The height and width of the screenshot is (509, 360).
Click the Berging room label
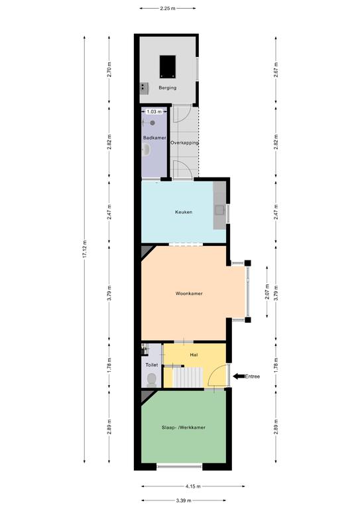pos(168,87)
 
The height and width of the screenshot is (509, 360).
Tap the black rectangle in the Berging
pos(168,66)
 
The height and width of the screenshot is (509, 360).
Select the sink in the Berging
pos(144,88)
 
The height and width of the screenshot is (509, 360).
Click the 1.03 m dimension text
pos(154,111)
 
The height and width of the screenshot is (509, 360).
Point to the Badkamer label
pos(154,138)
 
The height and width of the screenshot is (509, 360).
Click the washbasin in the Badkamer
pos(146,150)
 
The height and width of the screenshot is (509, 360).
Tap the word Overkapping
pos(185,142)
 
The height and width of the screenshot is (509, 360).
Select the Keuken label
pos(184,212)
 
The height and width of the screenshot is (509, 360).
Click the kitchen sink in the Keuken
pos(219,210)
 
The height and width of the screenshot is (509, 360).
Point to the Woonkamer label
pos(189,294)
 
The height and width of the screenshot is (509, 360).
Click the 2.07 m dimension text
pos(267,292)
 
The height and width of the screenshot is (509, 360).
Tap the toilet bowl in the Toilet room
pos(151,380)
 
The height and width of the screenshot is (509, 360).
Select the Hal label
pos(194,355)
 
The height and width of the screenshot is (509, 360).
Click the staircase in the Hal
pos(188,377)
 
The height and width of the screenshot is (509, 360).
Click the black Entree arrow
pos(239,376)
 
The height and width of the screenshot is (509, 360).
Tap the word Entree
pos(252,376)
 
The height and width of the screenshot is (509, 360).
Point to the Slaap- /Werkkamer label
pos(184,427)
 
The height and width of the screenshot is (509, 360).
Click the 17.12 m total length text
pos(85,249)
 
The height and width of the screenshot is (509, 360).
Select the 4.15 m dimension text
pos(193,486)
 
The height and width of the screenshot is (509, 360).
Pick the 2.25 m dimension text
pos(168,9)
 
